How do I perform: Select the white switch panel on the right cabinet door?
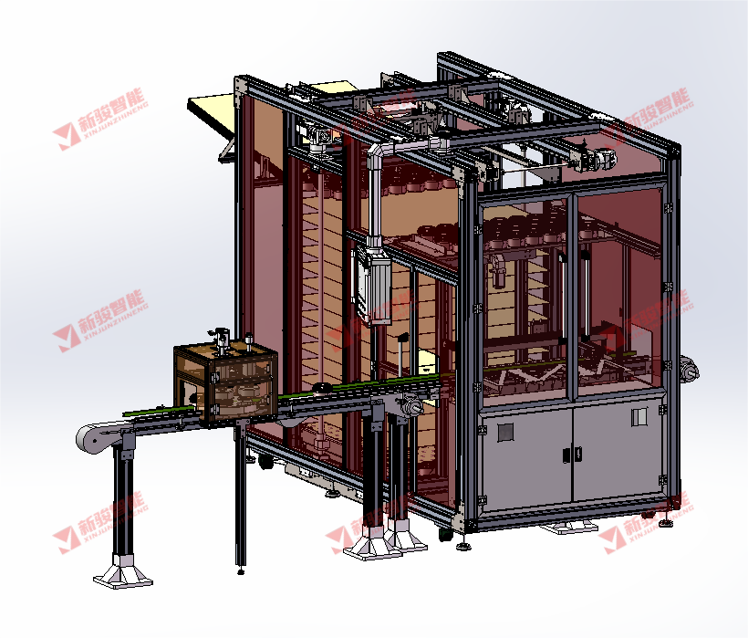pos(639,417)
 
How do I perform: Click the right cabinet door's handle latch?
pos(574,454)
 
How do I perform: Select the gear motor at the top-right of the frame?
pos(597,158)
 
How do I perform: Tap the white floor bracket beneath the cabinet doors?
pos(568,527)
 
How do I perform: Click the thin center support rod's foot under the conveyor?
pos(240,571)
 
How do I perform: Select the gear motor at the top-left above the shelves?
pos(318,137)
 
